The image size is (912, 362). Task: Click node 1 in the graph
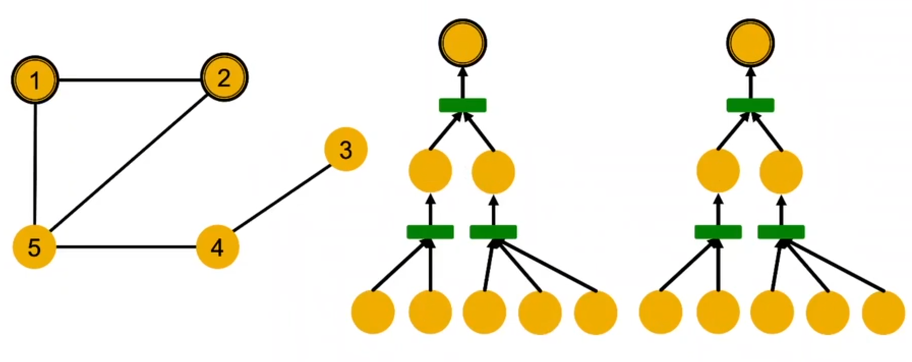click(35, 80)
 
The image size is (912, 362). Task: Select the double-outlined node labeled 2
click(224, 77)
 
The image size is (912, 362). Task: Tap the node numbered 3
click(346, 149)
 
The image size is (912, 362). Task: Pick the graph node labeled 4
click(218, 247)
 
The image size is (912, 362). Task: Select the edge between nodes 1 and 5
click(35, 164)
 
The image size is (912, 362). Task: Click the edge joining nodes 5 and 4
click(126, 247)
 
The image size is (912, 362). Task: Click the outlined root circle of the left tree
click(463, 43)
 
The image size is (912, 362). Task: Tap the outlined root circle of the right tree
click(751, 43)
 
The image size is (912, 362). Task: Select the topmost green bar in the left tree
click(462, 105)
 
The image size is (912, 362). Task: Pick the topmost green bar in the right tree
click(750, 105)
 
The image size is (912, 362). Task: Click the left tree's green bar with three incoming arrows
click(493, 232)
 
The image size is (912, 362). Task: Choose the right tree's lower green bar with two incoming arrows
click(718, 232)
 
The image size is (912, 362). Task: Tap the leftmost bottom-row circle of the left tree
click(373, 312)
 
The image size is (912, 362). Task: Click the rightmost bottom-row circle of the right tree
click(884, 312)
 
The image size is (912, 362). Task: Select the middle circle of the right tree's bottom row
click(772, 312)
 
